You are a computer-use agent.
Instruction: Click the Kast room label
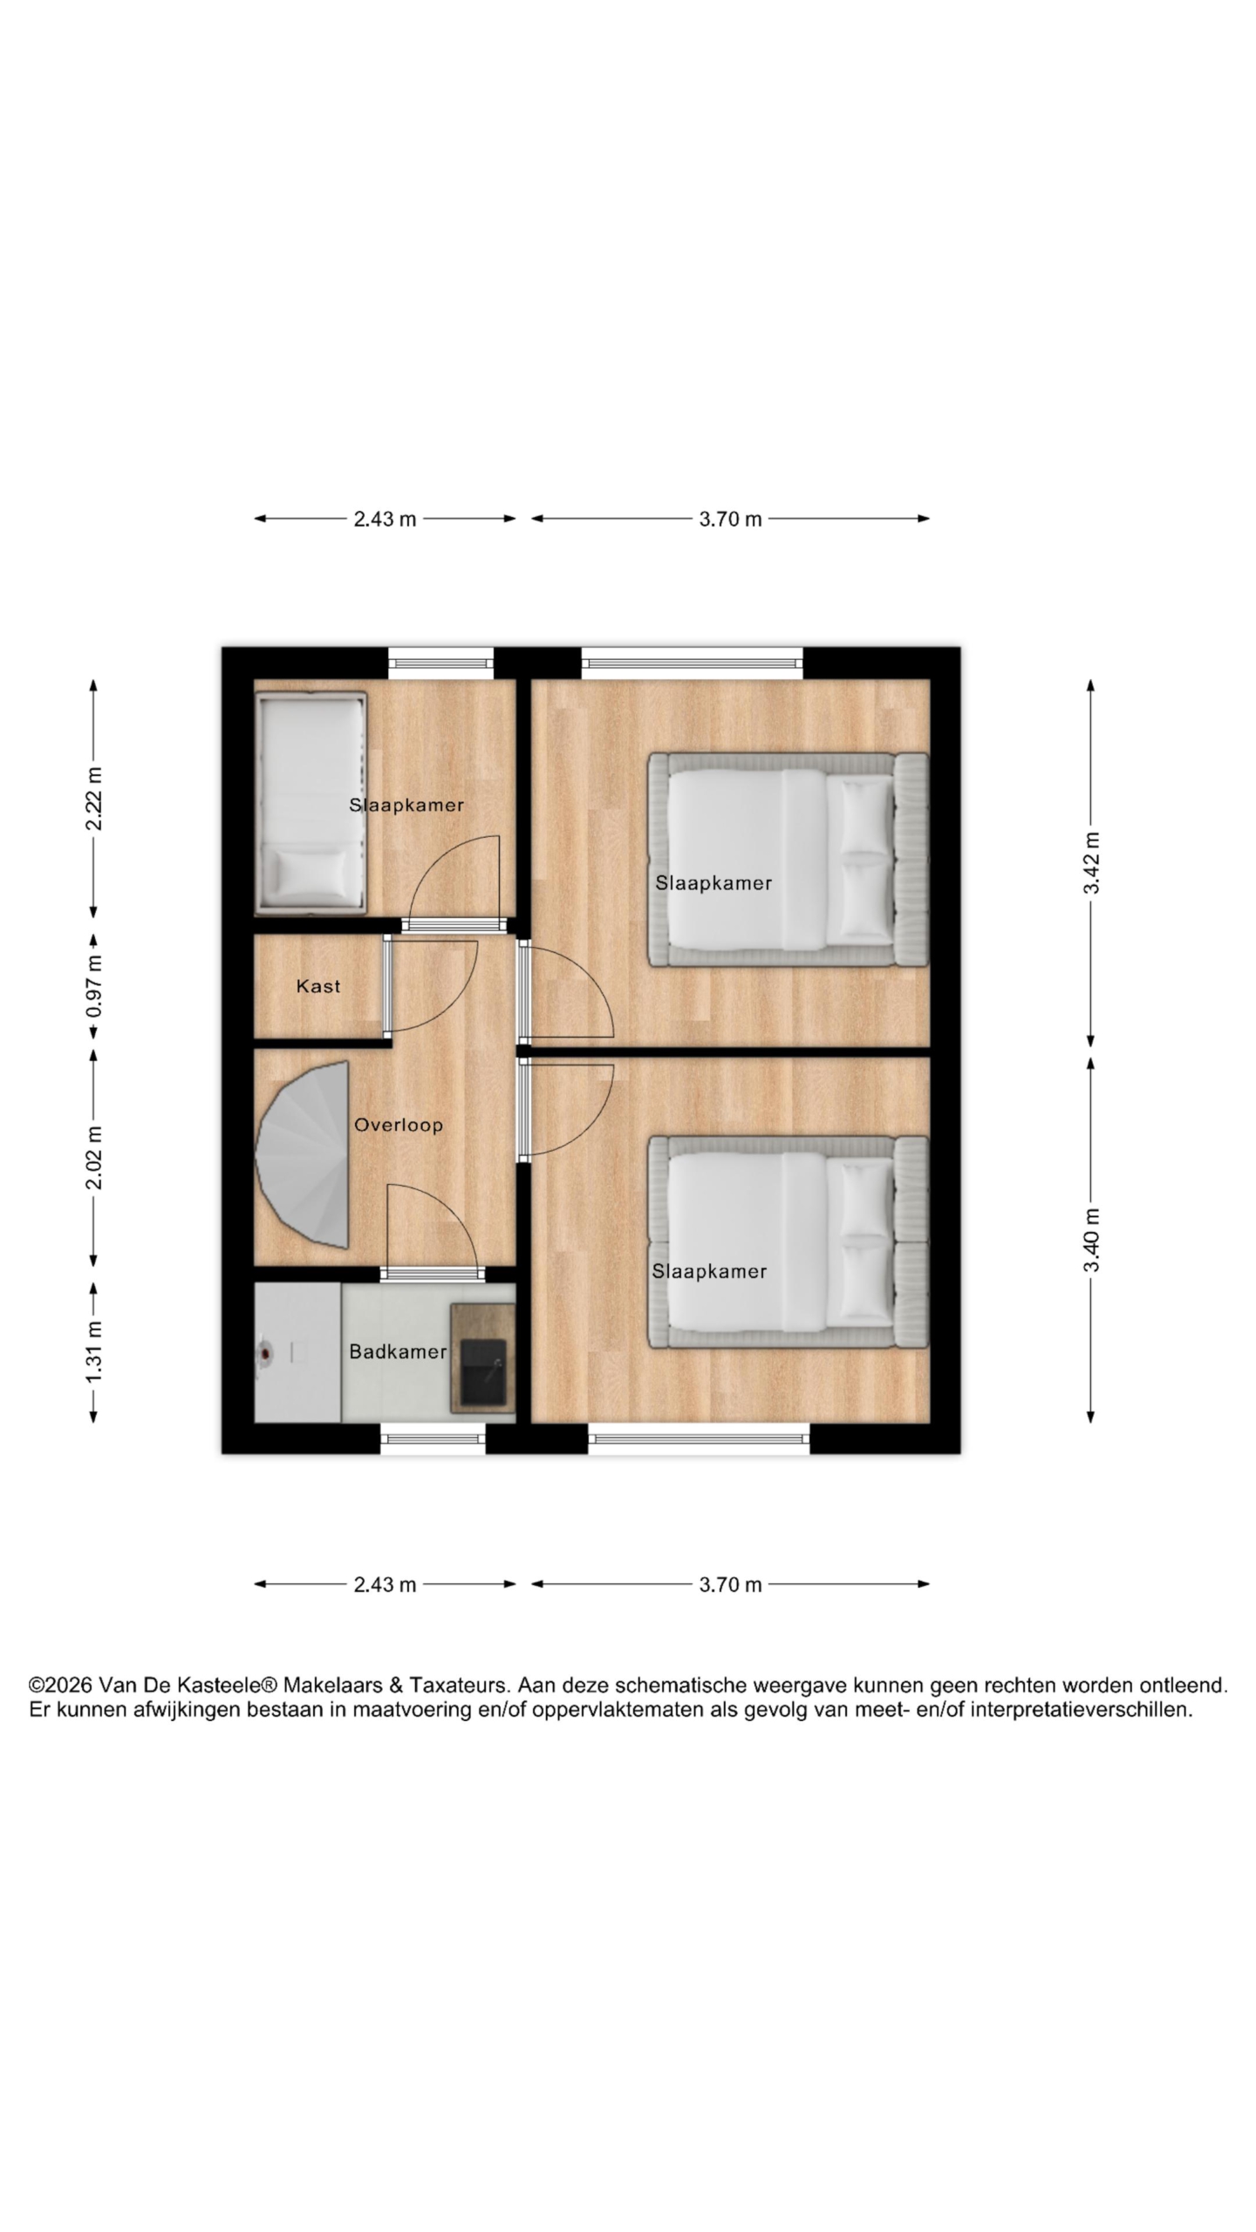point(318,986)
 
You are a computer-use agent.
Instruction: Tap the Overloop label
point(399,1125)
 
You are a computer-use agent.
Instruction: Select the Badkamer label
point(398,1351)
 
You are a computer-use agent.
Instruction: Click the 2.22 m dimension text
point(94,800)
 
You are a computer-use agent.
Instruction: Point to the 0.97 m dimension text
point(94,986)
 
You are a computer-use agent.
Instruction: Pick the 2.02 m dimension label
point(94,1157)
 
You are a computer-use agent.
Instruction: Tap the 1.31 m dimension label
point(94,1351)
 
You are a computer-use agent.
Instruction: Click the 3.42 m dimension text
point(1091,862)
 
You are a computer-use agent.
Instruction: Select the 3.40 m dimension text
point(1091,1241)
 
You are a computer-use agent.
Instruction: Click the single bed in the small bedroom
point(311,803)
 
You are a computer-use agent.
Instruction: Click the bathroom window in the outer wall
point(433,1439)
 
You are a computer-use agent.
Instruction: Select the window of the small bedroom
point(440,663)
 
